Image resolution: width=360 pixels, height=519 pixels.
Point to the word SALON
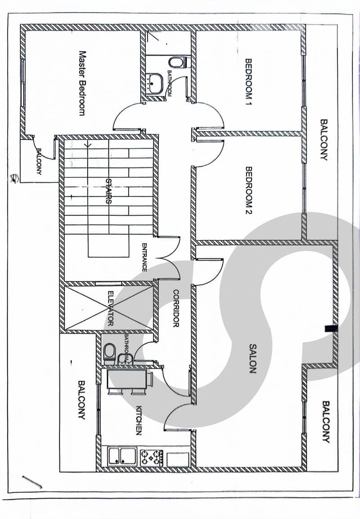click(252, 358)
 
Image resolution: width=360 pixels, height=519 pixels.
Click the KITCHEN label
click(139, 420)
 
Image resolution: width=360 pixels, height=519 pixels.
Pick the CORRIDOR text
click(176, 308)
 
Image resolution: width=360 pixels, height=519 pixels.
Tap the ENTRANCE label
click(144, 257)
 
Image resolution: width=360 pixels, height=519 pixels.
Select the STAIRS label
click(108, 191)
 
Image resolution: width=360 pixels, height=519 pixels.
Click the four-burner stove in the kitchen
click(152, 457)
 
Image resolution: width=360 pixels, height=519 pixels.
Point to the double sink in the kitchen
click(121, 456)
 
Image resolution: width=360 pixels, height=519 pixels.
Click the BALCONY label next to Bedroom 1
click(324, 140)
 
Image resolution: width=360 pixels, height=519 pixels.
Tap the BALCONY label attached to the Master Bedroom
click(39, 162)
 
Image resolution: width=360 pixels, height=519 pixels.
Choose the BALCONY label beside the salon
click(326, 422)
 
